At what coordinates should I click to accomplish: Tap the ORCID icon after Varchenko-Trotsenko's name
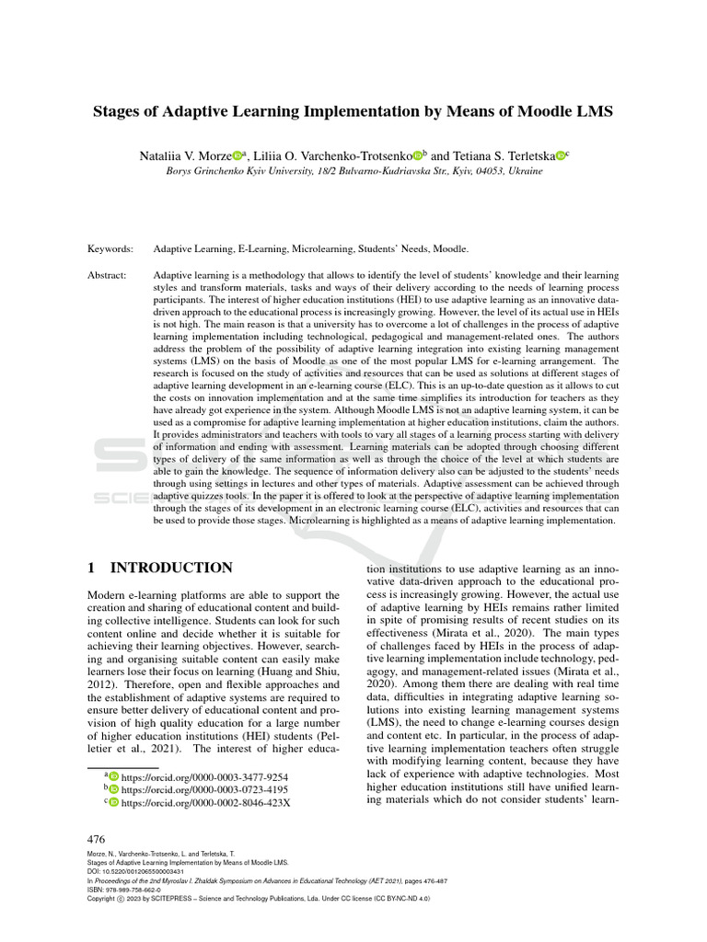416,156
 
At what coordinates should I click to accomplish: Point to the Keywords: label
110,248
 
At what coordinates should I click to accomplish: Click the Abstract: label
110,275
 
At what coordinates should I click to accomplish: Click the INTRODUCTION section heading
171,569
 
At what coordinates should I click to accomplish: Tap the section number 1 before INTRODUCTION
91,569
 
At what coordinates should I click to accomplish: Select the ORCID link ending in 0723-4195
204,789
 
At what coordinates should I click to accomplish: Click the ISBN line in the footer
124,890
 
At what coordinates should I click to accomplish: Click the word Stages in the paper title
122,113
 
